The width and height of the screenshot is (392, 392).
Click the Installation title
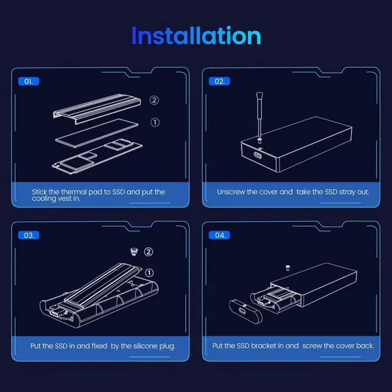[196, 36]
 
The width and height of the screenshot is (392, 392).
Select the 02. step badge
[219, 81]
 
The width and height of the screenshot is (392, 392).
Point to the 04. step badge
[219, 235]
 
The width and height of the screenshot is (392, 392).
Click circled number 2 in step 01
[154, 100]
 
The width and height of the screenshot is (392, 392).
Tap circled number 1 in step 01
[154, 123]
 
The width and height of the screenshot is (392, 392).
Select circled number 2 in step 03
[148, 252]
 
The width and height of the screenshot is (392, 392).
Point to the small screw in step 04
[288, 267]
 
